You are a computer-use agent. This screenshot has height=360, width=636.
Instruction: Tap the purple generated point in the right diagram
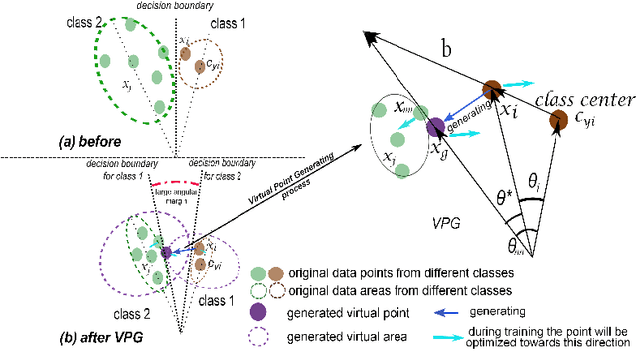click(434, 126)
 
